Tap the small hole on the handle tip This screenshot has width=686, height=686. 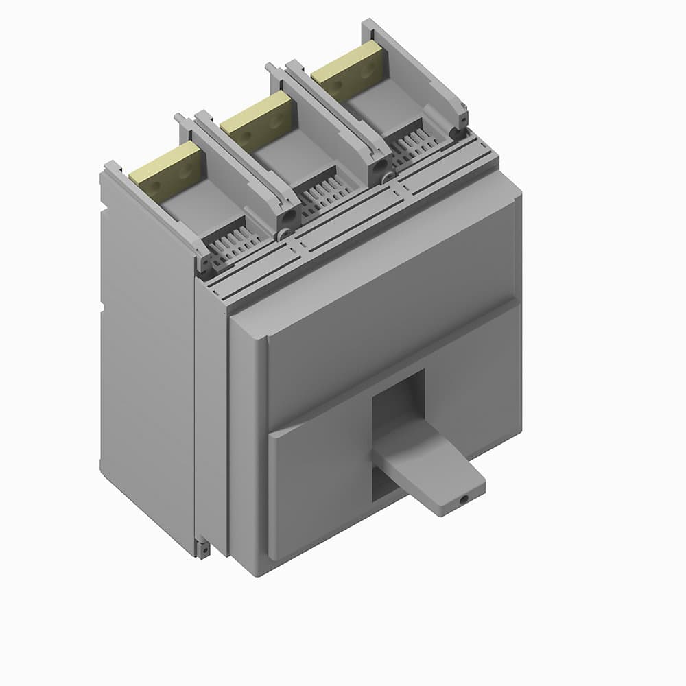(x=464, y=499)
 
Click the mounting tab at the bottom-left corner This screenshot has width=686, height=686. (x=203, y=549)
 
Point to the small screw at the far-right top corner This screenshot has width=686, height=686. (x=463, y=118)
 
